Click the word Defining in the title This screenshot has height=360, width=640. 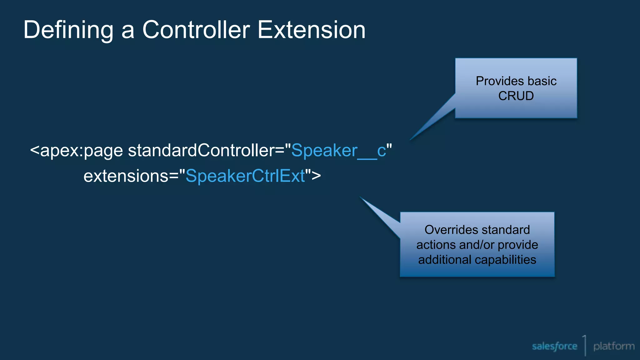68,30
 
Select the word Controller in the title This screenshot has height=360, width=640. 196,30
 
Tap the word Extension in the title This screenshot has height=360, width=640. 311,30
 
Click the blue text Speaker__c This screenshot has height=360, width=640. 338,151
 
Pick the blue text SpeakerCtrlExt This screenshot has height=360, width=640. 245,176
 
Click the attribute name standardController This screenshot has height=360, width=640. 201,151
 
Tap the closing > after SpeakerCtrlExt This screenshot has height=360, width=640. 316,176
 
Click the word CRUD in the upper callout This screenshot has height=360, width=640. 516,96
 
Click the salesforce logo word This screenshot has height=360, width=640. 554,346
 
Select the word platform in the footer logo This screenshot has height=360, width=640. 614,346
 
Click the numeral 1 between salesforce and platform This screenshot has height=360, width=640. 584,344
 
